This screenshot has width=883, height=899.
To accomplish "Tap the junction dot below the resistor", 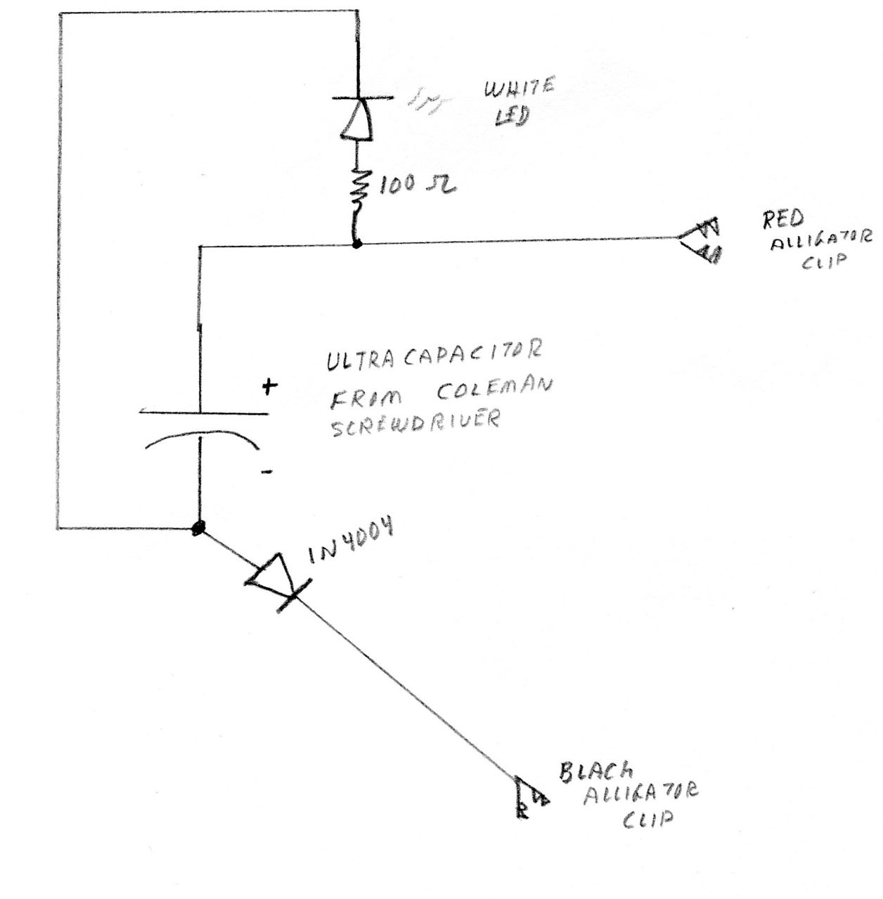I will click(x=357, y=244).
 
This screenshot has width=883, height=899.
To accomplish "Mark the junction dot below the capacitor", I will click(x=199, y=527).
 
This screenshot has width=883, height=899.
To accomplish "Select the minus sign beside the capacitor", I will click(x=266, y=473).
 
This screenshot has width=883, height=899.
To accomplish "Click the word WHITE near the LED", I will click(x=517, y=89).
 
